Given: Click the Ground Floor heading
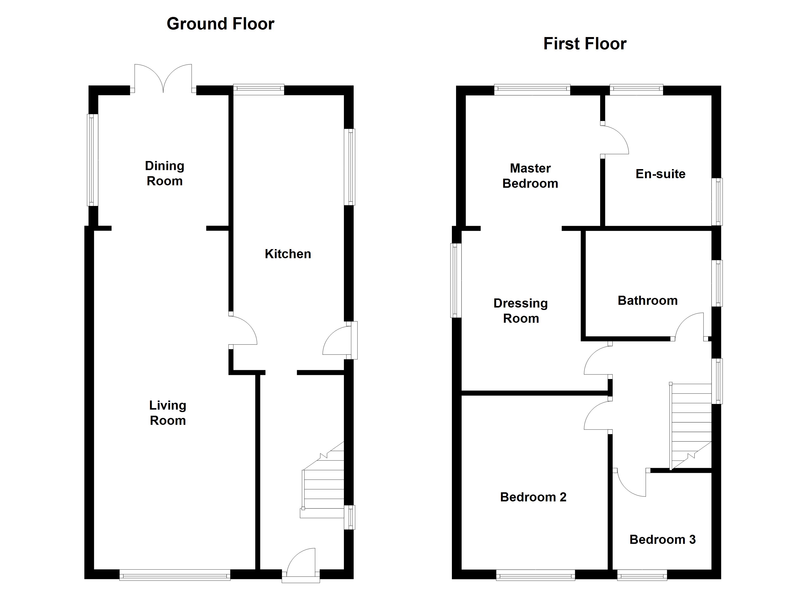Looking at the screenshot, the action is (220, 24).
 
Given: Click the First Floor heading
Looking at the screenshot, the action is (585, 44).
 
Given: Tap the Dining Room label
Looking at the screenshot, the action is (165, 173).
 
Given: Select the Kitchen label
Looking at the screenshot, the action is (288, 254).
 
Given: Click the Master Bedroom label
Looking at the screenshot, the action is (530, 176).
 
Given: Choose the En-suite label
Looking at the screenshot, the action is (660, 174).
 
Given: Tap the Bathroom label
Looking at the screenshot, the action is (648, 300).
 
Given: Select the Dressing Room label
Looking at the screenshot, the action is (521, 311).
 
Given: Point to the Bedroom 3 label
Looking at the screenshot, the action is (662, 539).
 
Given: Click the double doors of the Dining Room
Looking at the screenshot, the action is (163, 79).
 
